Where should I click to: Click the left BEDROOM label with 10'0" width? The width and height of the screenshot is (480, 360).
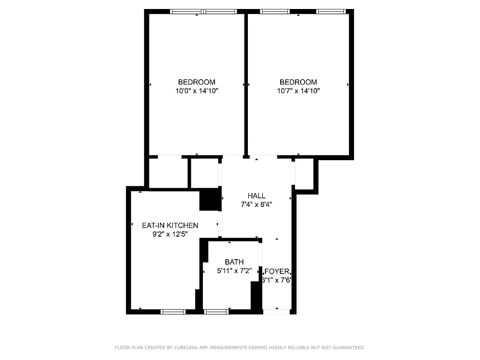click(x=197, y=82)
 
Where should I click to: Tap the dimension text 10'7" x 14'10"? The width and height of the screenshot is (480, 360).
click(x=298, y=90)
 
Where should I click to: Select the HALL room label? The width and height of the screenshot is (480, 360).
click(x=256, y=196)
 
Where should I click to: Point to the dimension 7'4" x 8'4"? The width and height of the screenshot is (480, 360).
click(x=256, y=204)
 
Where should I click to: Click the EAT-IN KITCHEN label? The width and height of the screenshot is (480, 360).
click(x=170, y=225)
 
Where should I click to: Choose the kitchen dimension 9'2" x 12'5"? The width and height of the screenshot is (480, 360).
click(x=170, y=234)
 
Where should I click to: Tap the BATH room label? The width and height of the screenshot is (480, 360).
click(x=234, y=262)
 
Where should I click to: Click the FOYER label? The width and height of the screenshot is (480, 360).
click(x=277, y=271)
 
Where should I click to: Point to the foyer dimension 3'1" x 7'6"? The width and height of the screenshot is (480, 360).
click(x=277, y=280)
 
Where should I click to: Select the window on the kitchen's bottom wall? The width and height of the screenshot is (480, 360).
click(x=173, y=311)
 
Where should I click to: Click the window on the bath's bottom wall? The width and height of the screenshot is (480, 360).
click(x=216, y=311)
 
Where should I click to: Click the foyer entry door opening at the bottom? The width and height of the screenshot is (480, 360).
click(x=276, y=311)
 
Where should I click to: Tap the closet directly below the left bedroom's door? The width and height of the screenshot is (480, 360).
click(x=168, y=173)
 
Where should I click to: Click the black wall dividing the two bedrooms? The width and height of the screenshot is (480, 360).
click(x=246, y=83)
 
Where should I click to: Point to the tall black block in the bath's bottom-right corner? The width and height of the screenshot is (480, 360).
click(x=256, y=295)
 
